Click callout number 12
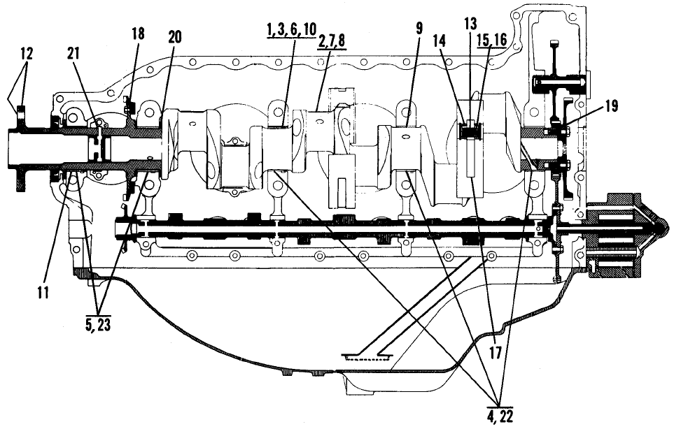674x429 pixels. tap(26, 54)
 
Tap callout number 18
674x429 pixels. tap(138, 34)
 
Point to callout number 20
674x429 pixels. tap(174, 37)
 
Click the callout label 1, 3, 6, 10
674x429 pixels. tap(291, 29)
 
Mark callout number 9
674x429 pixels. tap(419, 29)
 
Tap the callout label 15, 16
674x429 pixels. tap(492, 39)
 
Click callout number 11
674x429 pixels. tap(43, 293)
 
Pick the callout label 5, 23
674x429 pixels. tap(98, 325)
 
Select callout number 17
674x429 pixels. tap(496, 353)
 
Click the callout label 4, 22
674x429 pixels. tap(500, 416)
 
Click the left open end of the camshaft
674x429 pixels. tap(118, 226)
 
